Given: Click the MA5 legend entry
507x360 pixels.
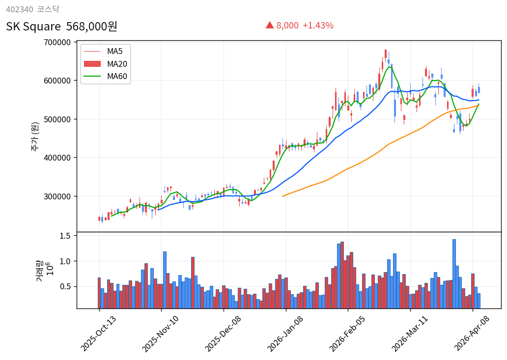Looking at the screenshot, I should tap(114, 51).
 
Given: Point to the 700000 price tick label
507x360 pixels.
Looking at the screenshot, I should tap(57, 42).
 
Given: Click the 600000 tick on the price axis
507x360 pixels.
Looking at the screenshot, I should tap(57, 81).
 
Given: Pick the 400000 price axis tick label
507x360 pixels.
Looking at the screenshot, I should tap(57, 158).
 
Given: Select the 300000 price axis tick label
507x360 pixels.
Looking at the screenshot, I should tap(57, 196).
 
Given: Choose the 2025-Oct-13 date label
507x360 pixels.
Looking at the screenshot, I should tap(99, 333).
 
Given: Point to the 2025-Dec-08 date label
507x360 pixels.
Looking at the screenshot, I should tap(223, 333).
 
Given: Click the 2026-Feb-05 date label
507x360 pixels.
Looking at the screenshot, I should tap(347, 333).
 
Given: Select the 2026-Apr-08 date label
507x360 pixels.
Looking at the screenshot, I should tap(472, 333).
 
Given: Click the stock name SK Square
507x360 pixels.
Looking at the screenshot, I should tap(33, 27).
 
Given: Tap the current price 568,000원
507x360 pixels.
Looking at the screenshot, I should tap(92, 27).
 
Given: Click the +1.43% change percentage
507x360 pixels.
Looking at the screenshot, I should tap(318, 26).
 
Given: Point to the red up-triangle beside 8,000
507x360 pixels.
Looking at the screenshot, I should tap(270, 25).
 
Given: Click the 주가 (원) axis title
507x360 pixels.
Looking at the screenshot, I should tap(35, 137).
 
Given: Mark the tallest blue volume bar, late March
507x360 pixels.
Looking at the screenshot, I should tap(454, 274).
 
